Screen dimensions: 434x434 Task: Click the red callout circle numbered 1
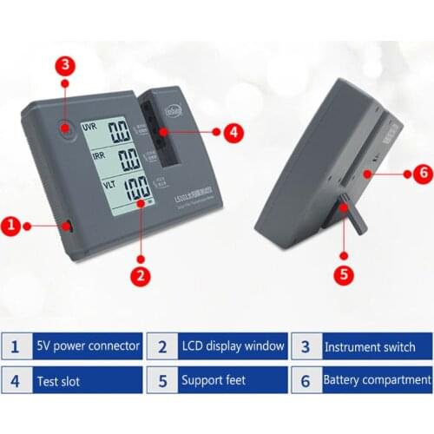point(11,227)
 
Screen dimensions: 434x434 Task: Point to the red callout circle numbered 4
point(232,133)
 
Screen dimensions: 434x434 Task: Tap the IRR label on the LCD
point(90,156)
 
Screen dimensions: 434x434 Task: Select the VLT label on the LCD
point(90,186)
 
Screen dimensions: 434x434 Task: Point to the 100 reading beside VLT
point(133,190)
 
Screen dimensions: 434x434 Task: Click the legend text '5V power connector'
point(89,346)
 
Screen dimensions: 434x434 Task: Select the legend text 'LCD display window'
point(233,346)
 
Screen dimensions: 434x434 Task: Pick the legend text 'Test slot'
point(58,380)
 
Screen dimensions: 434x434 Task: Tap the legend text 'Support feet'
point(214,380)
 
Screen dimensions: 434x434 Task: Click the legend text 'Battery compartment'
point(377,380)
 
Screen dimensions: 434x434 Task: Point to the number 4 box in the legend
point(15,380)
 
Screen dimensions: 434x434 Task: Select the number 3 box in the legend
point(306,346)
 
